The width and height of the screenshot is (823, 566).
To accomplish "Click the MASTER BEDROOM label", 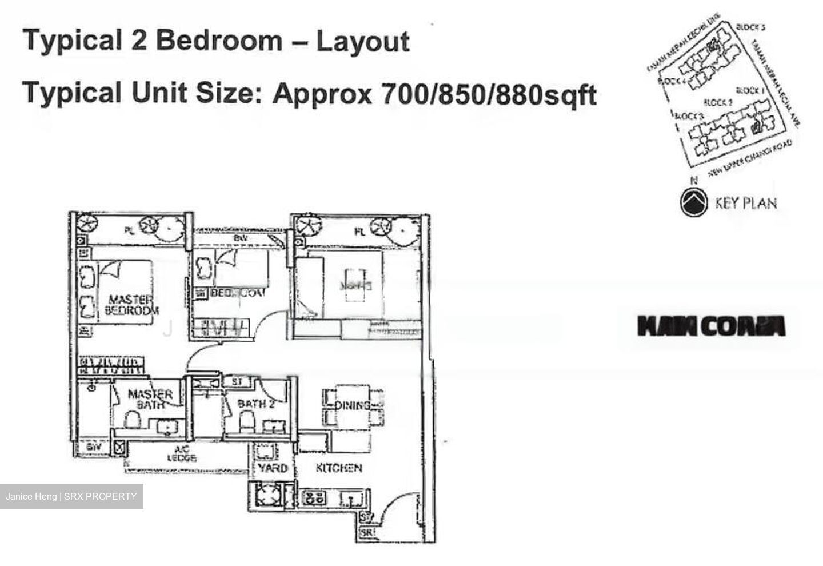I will [131, 305].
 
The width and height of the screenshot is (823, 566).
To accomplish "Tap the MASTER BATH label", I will [150, 398].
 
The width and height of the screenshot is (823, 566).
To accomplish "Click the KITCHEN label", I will [339, 468].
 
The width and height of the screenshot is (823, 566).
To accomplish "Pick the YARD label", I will [272, 468].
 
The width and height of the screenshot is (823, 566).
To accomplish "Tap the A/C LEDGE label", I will [182, 453].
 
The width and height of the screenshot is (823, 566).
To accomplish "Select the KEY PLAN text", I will [745, 202].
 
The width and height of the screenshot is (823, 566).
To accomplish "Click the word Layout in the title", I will [363, 42].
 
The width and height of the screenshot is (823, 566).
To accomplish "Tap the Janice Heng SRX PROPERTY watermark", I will [71, 496].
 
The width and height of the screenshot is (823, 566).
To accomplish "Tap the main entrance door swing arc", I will [394, 509].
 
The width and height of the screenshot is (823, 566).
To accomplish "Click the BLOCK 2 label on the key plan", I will [717, 103].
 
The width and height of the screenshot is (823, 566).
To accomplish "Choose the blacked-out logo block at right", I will [711, 326].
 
